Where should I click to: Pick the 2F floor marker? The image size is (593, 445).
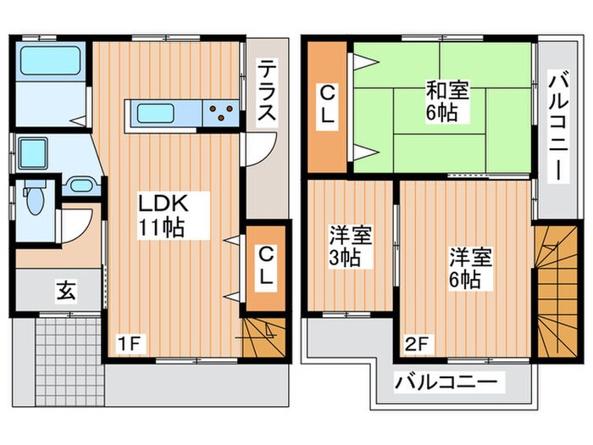(416, 343)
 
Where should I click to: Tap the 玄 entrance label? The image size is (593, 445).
(65, 291)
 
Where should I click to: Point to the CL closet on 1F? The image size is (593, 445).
(265, 265)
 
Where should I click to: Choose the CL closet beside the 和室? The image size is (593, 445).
(327, 104)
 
